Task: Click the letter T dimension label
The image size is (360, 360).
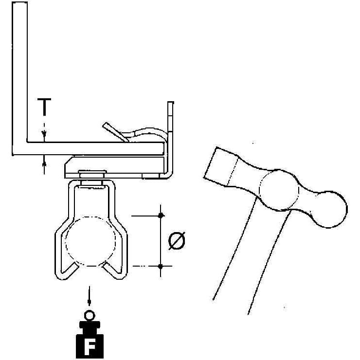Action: pyautogui.click(x=44, y=107)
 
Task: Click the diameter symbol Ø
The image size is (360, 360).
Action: pyautogui.click(x=177, y=240)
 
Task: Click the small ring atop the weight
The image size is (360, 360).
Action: pyautogui.click(x=90, y=316)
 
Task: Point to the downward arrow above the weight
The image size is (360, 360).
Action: pyautogui.click(x=90, y=296)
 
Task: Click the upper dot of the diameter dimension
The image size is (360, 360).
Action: pyautogui.click(x=161, y=216)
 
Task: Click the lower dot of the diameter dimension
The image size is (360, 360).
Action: pyautogui.click(x=161, y=266)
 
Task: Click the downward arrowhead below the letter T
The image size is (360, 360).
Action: pyautogui.click(x=44, y=134)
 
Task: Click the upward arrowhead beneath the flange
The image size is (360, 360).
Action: pyautogui.click(x=44, y=163)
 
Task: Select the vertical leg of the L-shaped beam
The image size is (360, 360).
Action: pyautogui.click(x=20, y=78)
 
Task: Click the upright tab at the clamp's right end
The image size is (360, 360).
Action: pyautogui.click(x=171, y=138)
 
